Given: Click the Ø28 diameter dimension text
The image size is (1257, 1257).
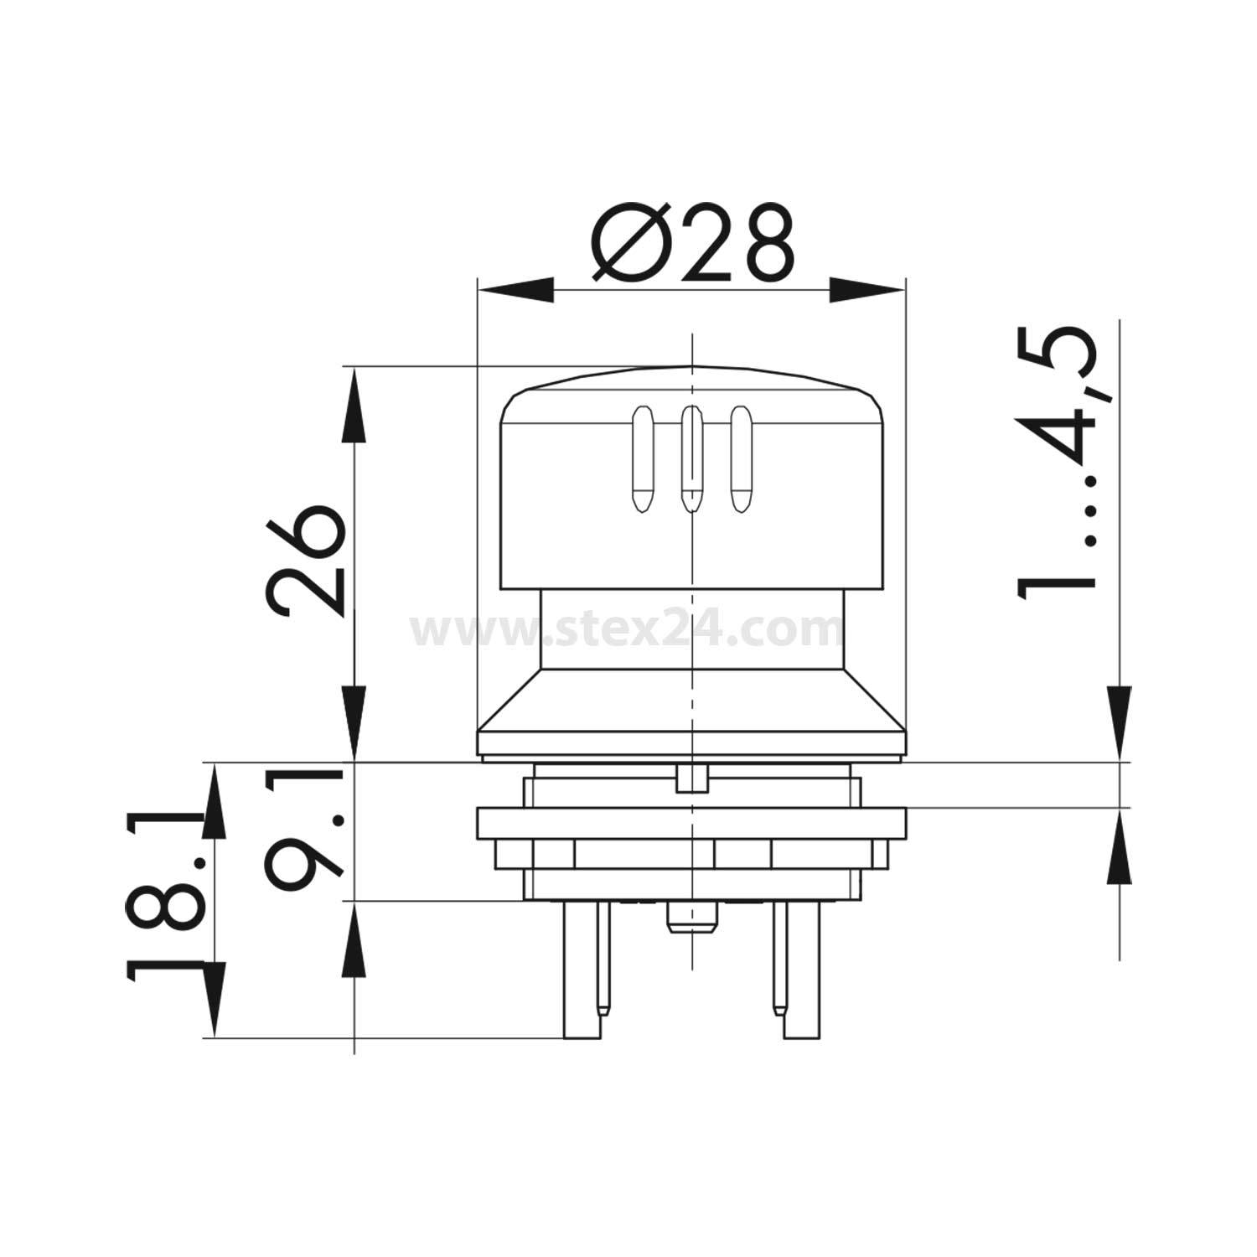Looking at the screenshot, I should (692, 242).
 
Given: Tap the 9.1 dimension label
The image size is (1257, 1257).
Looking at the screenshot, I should (306, 830).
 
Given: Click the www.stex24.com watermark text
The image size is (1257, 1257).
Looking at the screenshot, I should (627, 628).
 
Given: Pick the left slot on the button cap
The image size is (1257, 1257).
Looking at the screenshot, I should (642, 459).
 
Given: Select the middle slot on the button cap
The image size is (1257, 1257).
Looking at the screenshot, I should (691, 459).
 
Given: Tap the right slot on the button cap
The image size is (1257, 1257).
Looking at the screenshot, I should (739, 459).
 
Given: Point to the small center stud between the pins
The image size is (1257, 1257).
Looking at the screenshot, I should (691, 918).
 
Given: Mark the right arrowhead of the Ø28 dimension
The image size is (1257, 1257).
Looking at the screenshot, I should (868, 292).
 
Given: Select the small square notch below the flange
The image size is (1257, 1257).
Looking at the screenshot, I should (691, 777).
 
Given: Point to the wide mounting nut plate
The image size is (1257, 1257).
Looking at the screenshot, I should (691, 823).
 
